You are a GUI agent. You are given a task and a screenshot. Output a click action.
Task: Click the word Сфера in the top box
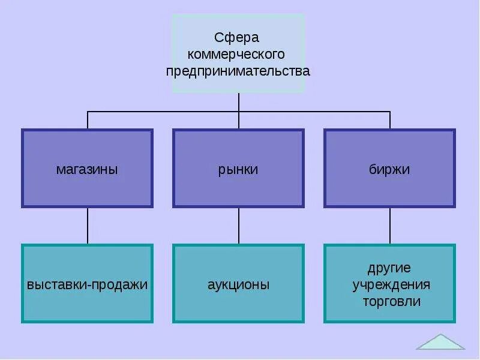point(238,38)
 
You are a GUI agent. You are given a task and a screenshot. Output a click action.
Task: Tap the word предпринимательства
point(238,71)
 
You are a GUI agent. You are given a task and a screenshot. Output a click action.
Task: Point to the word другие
point(389,268)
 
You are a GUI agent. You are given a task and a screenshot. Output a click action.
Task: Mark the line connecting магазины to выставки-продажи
point(88,226)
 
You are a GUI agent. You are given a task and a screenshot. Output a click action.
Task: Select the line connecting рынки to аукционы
point(239,226)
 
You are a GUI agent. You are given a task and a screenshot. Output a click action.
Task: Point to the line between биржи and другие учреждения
point(390,226)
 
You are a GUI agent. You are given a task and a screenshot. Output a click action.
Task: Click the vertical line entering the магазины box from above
point(88,121)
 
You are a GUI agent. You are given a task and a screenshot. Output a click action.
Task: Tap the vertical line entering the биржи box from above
point(390,121)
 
